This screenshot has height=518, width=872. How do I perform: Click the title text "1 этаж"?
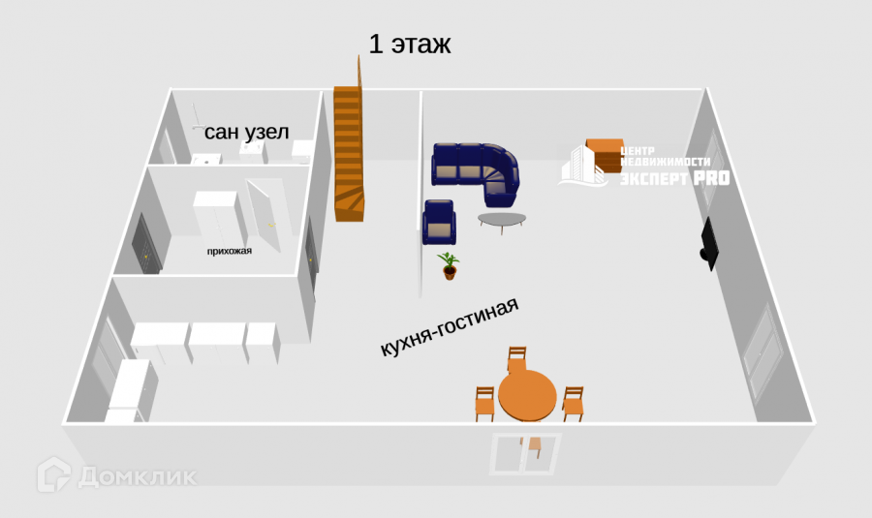(409, 44)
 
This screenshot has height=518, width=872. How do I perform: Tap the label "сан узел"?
(246, 133)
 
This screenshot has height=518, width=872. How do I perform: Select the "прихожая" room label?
(229, 252)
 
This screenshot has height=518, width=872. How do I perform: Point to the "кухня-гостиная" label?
(450, 328)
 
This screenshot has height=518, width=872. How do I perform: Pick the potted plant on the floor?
(448, 264)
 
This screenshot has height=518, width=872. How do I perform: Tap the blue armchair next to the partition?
(439, 222)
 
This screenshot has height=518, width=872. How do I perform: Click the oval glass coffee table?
(503, 221)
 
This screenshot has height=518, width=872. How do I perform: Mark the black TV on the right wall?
(710, 244)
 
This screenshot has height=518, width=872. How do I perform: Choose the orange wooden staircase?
(349, 155)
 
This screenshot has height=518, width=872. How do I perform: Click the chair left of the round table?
(484, 402)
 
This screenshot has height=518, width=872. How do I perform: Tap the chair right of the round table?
(573, 402)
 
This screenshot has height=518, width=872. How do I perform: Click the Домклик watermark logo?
(116, 475)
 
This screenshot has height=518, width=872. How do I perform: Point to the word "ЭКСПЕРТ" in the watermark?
(653, 179)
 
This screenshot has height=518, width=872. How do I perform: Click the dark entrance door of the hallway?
(145, 246)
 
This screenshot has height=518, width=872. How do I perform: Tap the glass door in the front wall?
(525, 452)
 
